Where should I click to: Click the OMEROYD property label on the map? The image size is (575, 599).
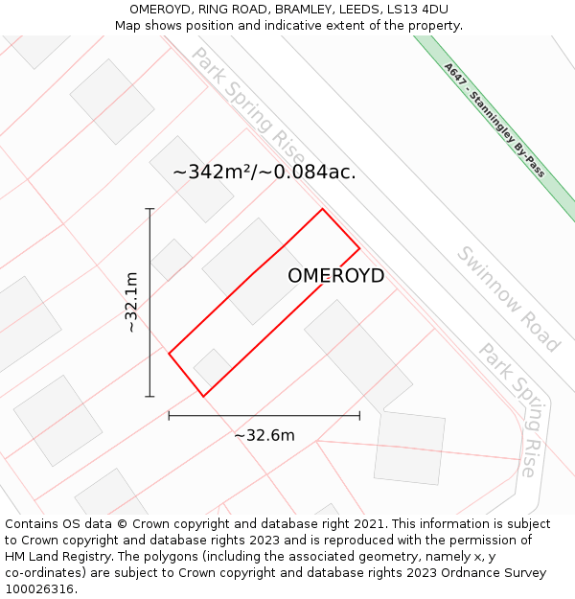pos(336,276)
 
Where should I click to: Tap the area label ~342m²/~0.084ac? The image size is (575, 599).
pos(264,173)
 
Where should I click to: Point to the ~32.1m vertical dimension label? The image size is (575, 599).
pos(132,302)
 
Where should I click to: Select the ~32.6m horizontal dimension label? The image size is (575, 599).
pos(264,435)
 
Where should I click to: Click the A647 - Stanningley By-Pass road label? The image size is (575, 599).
pos(494,120)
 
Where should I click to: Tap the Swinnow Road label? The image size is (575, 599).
pos(507,299)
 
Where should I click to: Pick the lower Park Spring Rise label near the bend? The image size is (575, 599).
pos(512,407)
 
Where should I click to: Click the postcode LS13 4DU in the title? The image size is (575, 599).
pos(416,10)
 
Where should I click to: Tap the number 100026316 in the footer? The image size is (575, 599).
pos(40,589)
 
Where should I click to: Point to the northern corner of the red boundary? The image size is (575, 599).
pos(322,209)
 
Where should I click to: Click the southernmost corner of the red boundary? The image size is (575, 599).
pos(203,396)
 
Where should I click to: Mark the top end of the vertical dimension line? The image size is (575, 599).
pos(149,208)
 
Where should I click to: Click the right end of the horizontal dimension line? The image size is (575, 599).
pos(359,415)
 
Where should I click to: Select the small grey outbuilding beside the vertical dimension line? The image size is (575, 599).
pos(172,260)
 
